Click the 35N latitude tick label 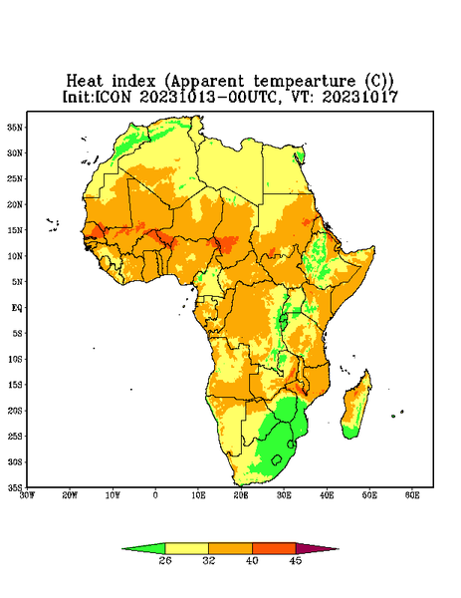coord(15,127)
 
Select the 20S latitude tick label coord(15,411)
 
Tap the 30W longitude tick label coord(27,495)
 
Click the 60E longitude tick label coord(412,495)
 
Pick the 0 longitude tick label coord(155,495)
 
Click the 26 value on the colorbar coord(165,560)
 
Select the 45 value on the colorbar coord(296,560)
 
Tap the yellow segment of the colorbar coord(186,548)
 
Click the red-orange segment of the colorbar coord(274,548)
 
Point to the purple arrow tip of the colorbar coord(338,549)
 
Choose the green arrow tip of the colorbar coord(122,549)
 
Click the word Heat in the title coord(85,82)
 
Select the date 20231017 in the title coord(360,97)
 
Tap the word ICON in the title coord(113,97)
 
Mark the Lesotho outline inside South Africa coord(277,459)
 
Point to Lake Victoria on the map coord(283,318)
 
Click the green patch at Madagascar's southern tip coord(349,433)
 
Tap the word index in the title coord(134,82)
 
